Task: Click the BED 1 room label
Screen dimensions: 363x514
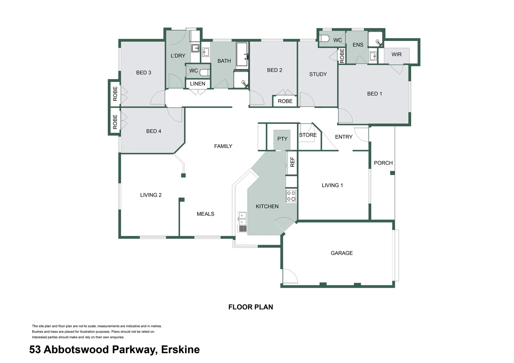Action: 374,94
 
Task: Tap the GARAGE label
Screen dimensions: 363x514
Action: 341,253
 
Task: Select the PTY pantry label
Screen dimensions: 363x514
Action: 282,139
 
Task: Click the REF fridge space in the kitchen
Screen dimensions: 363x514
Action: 292,162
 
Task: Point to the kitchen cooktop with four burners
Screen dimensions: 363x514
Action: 291,196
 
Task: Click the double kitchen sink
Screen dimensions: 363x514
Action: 242,219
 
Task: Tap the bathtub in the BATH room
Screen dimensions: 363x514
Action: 242,54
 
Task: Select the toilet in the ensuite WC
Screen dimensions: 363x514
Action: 324,38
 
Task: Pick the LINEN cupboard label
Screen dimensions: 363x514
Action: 197,84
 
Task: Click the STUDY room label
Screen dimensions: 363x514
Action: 318,74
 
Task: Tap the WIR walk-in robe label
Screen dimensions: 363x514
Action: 396,54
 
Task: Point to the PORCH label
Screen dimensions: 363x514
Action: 383,163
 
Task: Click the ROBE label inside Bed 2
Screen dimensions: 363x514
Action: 285,101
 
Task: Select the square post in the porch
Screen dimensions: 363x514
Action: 392,173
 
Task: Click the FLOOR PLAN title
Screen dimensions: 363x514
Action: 251,307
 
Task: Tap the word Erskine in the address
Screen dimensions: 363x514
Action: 180,350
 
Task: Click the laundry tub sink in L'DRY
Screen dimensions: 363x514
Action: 195,48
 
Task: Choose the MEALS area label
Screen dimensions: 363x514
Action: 205,214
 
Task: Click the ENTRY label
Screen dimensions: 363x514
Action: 343,137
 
